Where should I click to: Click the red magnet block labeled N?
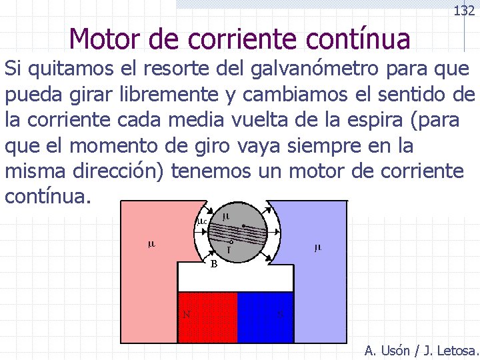[207, 317]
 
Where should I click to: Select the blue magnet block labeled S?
[265, 317]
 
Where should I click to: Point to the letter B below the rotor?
[214, 263]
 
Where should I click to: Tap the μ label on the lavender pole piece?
[317, 248]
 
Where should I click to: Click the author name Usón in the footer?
[397, 350]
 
